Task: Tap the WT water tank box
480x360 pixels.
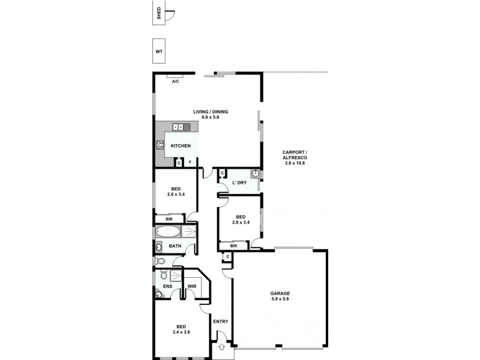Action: point(160,52)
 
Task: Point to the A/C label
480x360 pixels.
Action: point(176,81)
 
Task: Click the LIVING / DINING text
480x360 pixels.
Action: point(211,112)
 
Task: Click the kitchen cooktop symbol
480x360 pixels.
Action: point(160,145)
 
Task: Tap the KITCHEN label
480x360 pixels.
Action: point(181,146)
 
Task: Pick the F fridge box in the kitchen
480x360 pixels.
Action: point(190,163)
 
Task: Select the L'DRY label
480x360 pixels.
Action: point(240,183)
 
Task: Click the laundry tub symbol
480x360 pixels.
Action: point(255,174)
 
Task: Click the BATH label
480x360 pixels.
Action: point(175,246)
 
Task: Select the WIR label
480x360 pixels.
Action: point(191,286)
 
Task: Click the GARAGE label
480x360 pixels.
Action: point(280,293)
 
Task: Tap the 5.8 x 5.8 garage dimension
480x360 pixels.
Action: point(280,299)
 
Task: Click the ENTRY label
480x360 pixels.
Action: point(220,322)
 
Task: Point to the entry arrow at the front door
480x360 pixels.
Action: point(221,346)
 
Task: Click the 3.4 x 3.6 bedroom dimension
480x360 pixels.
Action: point(181,332)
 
